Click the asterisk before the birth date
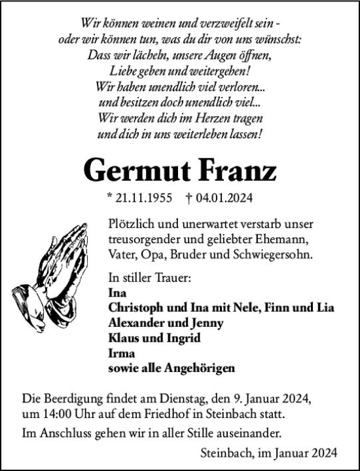109,197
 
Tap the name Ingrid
182,338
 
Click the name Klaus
122,338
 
